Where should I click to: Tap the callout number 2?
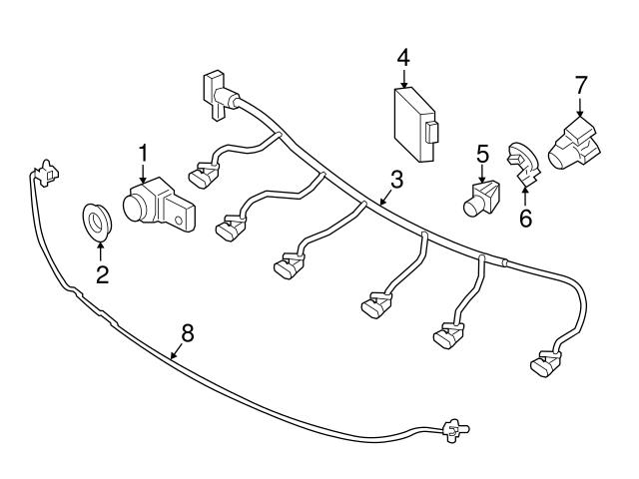click(x=101, y=274)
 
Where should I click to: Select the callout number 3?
click(x=396, y=180)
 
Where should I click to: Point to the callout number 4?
click(x=402, y=58)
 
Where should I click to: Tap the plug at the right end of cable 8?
click(x=456, y=431)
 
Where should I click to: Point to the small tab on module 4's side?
click(x=432, y=133)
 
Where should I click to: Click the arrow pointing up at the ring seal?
click(x=101, y=249)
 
